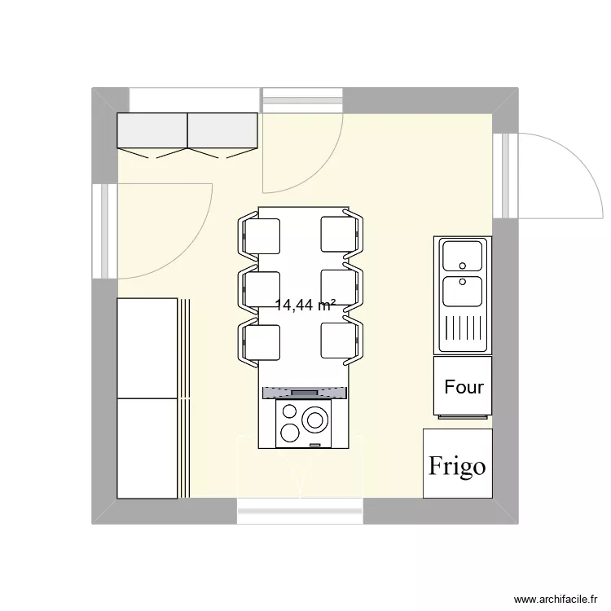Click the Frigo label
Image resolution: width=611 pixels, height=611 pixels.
point(457,465)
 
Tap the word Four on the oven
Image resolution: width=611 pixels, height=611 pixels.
point(464,387)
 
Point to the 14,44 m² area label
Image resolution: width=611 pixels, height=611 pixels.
point(306,306)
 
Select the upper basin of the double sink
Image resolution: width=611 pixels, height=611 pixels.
point(462,257)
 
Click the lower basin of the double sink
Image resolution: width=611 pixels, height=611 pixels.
point(462,289)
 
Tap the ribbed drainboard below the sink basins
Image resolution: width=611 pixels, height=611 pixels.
point(462,330)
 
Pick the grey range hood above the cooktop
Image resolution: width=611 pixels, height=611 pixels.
point(305,393)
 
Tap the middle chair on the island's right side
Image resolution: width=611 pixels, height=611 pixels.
point(341,288)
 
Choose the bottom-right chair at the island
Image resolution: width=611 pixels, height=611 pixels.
point(341,342)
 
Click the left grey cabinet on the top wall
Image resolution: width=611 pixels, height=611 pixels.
point(152,130)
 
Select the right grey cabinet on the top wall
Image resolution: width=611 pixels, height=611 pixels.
point(223,130)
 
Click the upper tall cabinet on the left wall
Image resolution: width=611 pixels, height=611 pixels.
point(147,348)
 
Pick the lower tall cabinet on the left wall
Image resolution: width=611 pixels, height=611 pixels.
point(147,447)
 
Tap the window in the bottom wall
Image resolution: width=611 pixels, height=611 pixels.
point(301,511)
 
